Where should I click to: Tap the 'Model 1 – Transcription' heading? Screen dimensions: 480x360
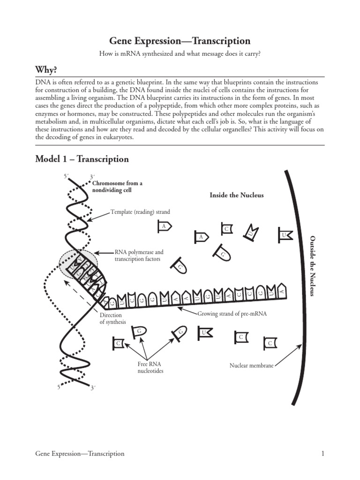(x=82, y=159)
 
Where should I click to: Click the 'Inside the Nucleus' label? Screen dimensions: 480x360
(x=237, y=195)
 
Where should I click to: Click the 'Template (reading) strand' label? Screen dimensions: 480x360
(x=140, y=212)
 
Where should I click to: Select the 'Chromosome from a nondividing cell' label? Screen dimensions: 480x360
(x=117, y=187)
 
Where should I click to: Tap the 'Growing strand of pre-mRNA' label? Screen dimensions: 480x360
(x=232, y=314)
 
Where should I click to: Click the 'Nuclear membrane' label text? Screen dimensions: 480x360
(x=251, y=365)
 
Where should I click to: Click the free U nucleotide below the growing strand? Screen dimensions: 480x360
(x=204, y=333)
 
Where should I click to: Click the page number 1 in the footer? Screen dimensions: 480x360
(x=323, y=453)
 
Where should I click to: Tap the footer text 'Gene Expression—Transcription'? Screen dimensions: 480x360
(x=80, y=453)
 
